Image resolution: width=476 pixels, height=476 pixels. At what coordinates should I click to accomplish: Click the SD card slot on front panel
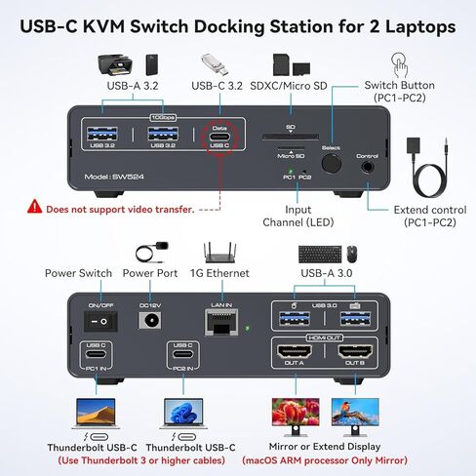[x=289, y=138]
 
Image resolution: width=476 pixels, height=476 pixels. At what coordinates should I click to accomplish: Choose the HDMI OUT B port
[x=352, y=353]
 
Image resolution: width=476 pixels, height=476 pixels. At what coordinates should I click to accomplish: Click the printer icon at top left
[x=115, y=66]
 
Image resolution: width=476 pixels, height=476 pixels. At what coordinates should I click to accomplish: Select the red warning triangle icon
[x=35, y=207]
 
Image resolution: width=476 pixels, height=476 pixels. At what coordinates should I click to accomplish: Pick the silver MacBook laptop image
[x=98, y=415]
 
